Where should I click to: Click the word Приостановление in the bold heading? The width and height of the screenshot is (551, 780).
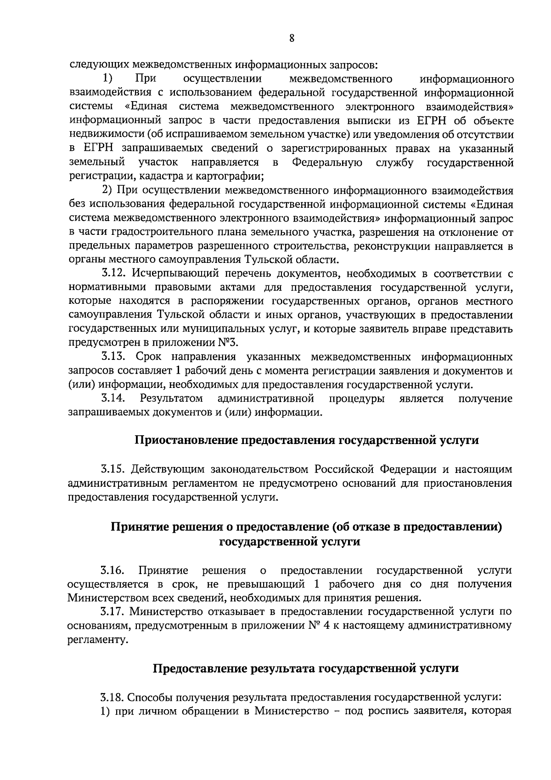pyautogui.click(x=187, y=440)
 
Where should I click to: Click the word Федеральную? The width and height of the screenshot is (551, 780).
pyautogui.click(x=327, y=162)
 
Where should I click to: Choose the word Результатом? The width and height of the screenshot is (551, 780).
pyautogui.click(x=171, y=399)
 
